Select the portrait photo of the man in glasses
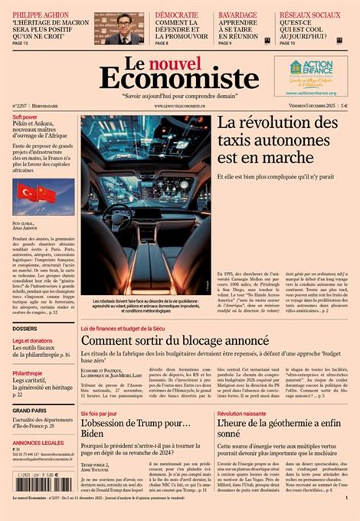(x=119, y=28)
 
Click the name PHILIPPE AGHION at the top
(x=40, y=15)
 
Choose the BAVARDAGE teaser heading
(x=237, y=15)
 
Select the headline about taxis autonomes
(x=277, y=139)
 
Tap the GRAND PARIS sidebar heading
(x=29, y=411)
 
